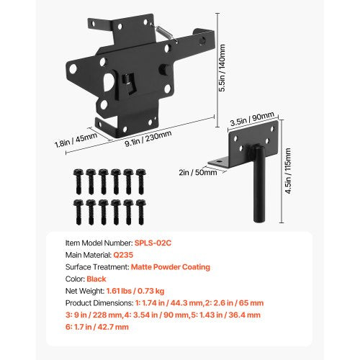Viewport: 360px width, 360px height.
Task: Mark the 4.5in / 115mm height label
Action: tap(289, 167)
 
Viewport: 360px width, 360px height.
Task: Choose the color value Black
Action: tap(97, 285)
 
